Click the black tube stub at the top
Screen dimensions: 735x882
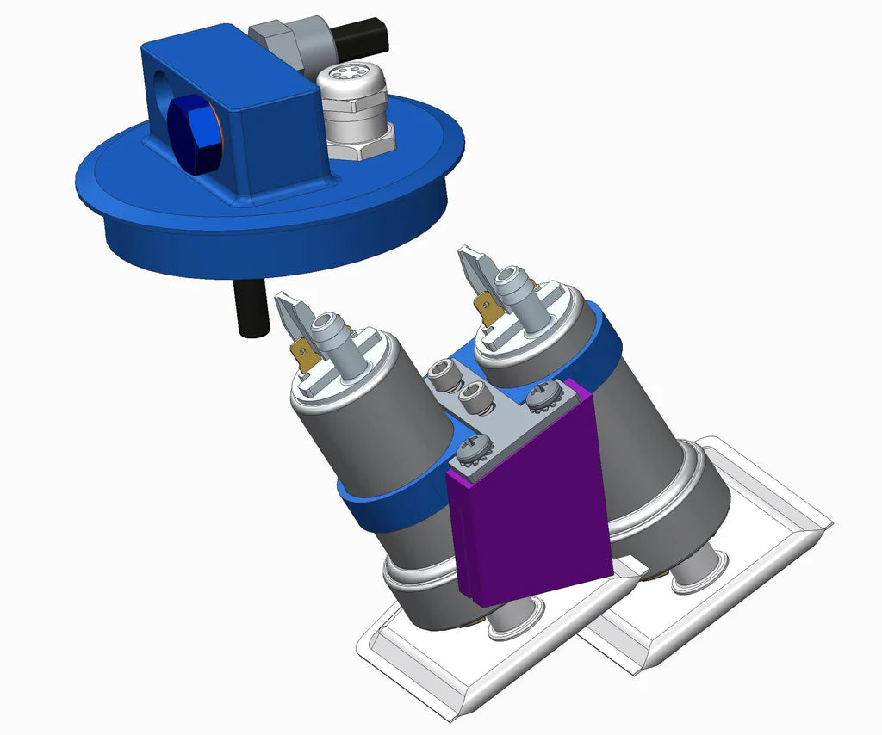point(363,35)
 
